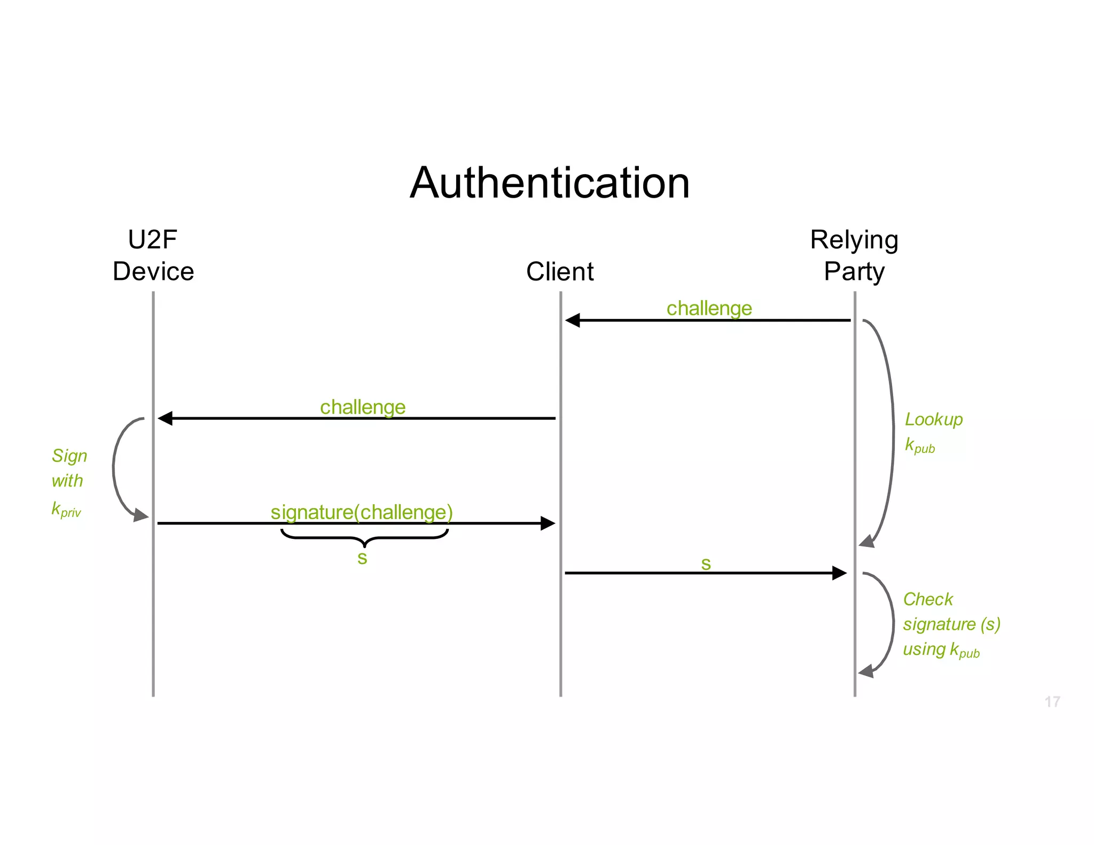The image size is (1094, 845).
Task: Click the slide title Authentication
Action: point(550,183)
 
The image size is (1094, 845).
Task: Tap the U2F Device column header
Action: point(153,255)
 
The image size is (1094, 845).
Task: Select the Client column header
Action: point(560,271)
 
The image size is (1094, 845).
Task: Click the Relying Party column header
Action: point(854,255)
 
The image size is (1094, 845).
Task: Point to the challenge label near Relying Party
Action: point(709,308)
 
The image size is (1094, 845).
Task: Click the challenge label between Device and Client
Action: point(363,407)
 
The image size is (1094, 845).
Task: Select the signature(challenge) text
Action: point(362,512)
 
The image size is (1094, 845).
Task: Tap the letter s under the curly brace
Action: point(362,558)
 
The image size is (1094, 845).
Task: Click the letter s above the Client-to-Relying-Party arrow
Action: point(706,564)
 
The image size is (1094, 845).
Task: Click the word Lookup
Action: point(933,419)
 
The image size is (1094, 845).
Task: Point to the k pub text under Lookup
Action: point(919,445)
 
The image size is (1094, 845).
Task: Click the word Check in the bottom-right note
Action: point(928,599)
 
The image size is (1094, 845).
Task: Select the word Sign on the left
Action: point(69,456)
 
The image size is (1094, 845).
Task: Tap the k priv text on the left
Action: point(66,509)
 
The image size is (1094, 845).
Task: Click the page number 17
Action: point(1052,701)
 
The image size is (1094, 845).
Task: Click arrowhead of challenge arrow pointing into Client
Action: point(573,320)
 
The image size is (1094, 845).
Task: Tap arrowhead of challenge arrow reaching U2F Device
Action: point(165,418)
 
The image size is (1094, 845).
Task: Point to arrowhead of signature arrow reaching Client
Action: point(548,523)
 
